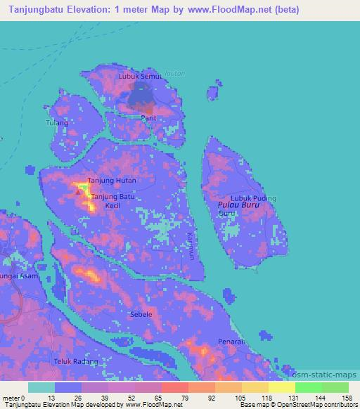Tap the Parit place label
pos(148,118)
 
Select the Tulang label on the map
pos(56,122)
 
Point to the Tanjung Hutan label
pos(111,181)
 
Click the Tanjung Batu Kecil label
pos(112,201)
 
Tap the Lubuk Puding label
pos(254,198)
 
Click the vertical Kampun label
pos(191,246)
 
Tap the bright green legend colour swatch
pos(308,387)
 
